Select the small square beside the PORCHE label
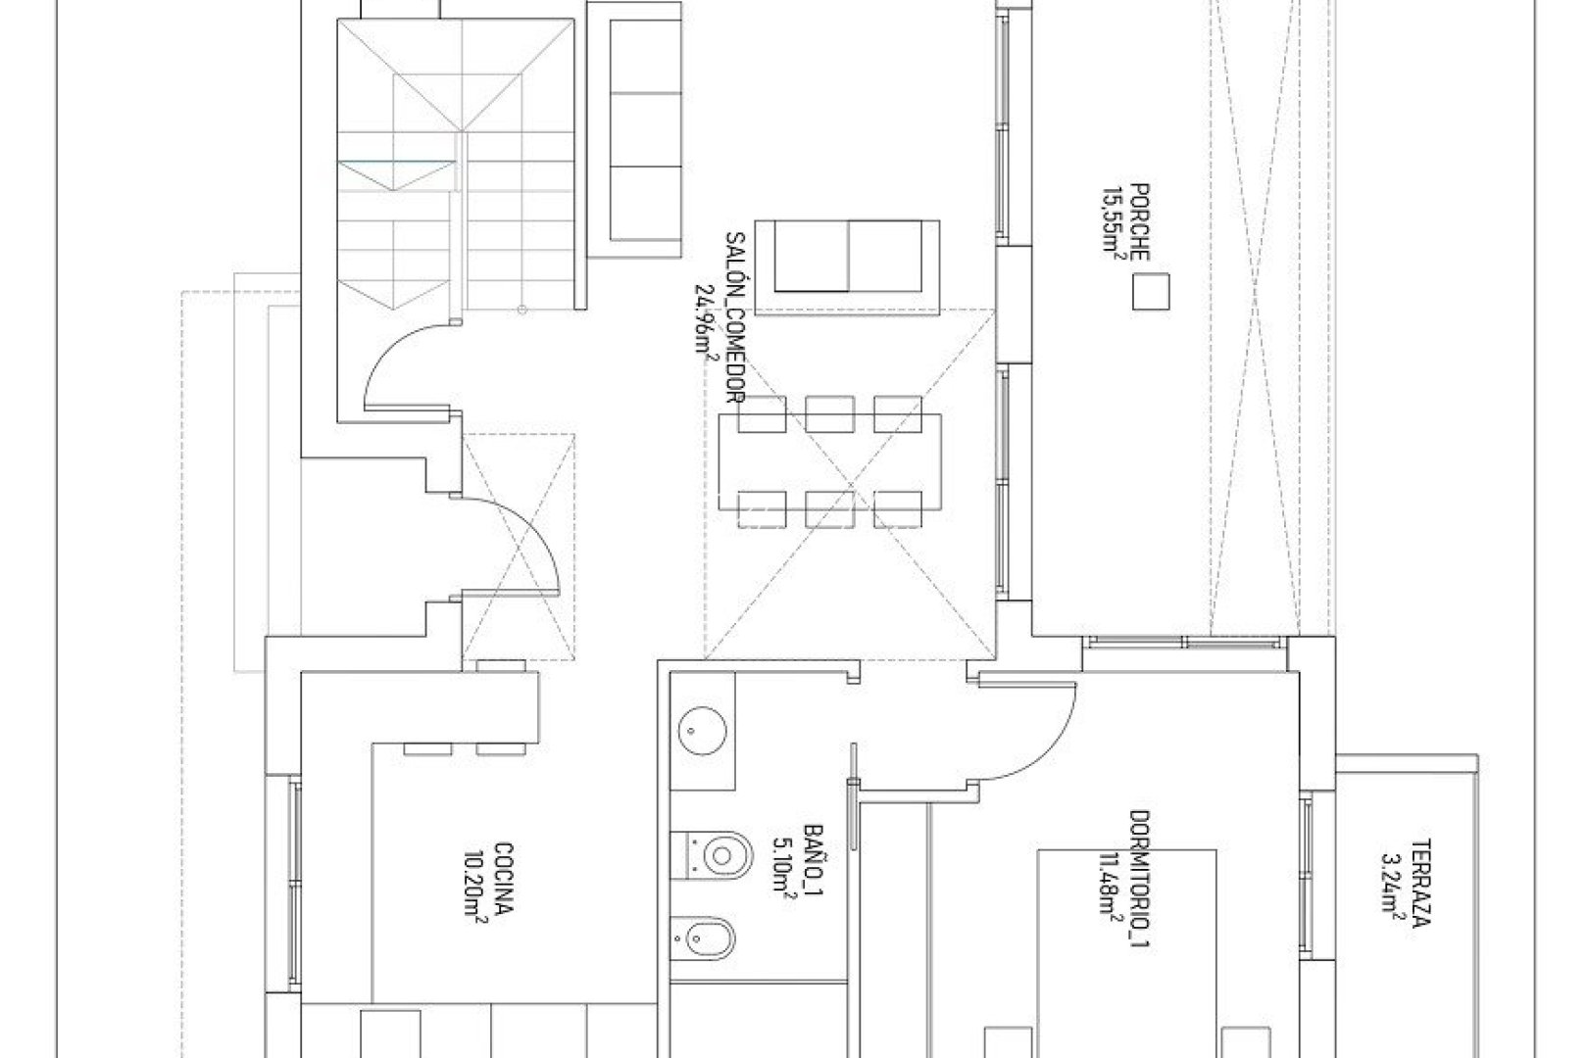(1151, 292)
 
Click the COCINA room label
(502, 877)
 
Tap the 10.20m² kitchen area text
(476, 877)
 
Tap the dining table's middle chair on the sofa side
(829, 412)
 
